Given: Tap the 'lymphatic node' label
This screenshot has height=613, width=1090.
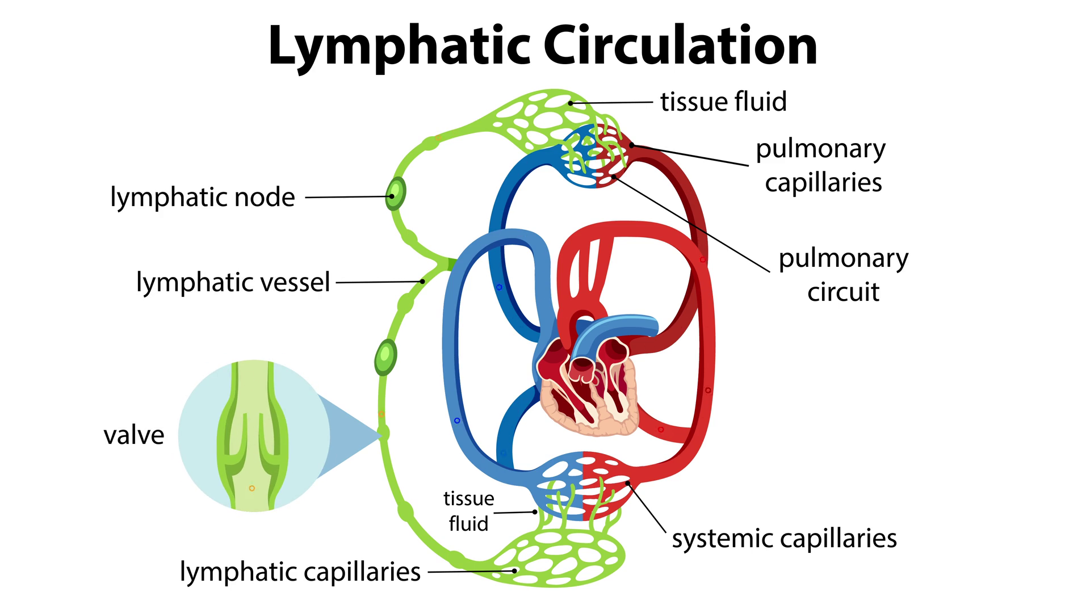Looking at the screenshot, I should pos(203,198).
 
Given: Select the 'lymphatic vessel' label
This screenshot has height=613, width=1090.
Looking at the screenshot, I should pos(233,282).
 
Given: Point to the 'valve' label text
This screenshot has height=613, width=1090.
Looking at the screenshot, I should pos(134,435).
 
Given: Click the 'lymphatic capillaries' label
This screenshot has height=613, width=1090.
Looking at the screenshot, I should pos(300,572).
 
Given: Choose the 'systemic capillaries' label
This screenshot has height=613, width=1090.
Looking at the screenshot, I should pos(784,538).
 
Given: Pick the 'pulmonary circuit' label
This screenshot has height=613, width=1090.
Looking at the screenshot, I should pos(843,275).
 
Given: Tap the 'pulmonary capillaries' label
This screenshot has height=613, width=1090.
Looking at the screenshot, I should pos(821,165).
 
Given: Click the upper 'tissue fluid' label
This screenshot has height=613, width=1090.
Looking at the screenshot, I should pos(723,102).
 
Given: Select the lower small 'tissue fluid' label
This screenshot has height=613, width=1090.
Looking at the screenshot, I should pos(468,511).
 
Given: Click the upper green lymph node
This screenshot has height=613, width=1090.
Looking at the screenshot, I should pos(396,194).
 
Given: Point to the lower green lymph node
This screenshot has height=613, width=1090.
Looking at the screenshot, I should pos(385,356).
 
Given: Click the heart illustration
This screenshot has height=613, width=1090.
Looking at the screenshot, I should pos(588,386).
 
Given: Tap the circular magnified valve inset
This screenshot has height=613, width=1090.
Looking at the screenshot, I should pos(254,435).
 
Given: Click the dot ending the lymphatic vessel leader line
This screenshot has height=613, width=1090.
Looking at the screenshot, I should pos(422,281).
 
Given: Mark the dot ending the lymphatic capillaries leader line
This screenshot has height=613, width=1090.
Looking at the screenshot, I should pos(514,571).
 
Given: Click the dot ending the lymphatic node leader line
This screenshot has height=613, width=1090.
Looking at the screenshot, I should pos(391,196).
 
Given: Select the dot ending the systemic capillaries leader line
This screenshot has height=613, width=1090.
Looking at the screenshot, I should pos(628,484).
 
